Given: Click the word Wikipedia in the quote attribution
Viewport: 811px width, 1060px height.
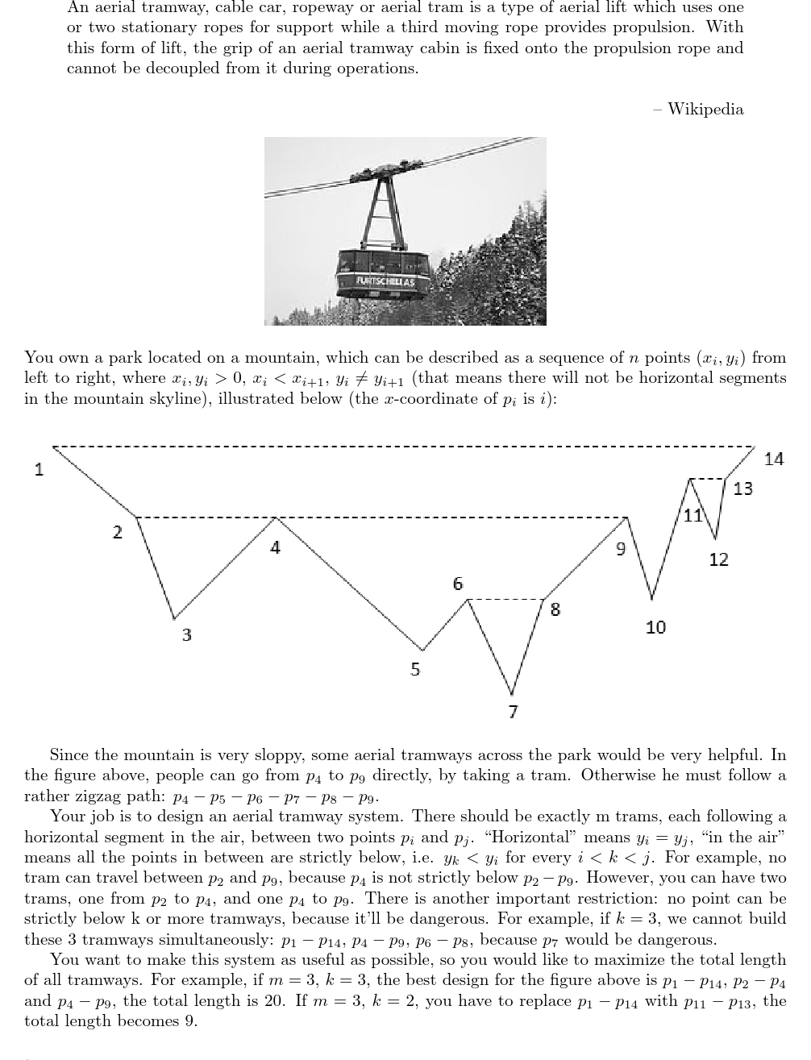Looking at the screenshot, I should (705, 109).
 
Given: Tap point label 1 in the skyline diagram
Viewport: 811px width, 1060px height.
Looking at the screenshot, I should (39, 469).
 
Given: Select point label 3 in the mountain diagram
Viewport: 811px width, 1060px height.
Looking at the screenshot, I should (186, 634).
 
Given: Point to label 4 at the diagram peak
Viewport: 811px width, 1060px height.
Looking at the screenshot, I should (275, 547).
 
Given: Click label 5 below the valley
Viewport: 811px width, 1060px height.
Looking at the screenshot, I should (415, 669).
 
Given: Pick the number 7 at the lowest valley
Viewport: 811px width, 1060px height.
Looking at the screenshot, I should (513, 711).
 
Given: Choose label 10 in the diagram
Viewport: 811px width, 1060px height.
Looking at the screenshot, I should (655, 626).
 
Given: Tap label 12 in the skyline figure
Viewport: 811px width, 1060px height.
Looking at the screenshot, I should (718, 559).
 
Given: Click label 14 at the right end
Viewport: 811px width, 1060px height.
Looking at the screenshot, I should (773, 459).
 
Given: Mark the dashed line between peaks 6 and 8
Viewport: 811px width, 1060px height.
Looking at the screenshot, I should (508, 599).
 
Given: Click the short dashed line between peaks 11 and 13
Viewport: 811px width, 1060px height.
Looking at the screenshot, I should (709, 479).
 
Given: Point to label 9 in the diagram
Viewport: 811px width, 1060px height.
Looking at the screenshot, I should (620, 549).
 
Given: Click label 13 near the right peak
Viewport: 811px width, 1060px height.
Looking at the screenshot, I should (742, 488).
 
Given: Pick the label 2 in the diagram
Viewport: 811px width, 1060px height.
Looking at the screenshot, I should (117, 531).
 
